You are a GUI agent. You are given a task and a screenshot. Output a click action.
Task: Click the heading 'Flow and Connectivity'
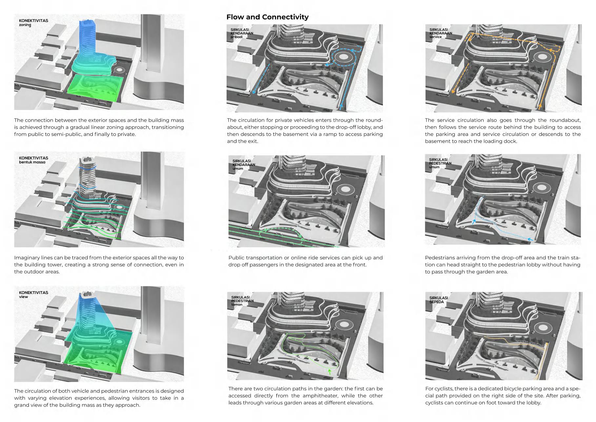pos(267,17)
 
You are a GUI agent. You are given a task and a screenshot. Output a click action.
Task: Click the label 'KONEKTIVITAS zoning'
pos(33,23)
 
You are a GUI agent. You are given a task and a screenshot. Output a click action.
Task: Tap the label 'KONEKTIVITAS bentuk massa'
pos(33,160)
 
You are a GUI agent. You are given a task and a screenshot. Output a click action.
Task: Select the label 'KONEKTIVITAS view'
pos(33,294)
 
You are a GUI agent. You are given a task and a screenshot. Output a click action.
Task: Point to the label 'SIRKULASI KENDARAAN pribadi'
pos(242,33)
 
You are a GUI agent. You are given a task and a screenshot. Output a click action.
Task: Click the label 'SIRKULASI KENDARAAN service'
pos(441,33)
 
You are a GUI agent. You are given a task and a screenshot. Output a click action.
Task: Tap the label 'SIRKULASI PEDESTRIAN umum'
pos(440,163)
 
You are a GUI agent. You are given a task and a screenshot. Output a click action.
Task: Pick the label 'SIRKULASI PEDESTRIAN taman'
pos(242,301)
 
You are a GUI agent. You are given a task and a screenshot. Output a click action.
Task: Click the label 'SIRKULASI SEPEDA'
pos(439,300)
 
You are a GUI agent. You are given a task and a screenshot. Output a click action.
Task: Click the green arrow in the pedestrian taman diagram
pos(329,372)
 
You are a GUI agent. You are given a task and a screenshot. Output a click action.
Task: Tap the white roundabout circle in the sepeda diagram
pos(543,327)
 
